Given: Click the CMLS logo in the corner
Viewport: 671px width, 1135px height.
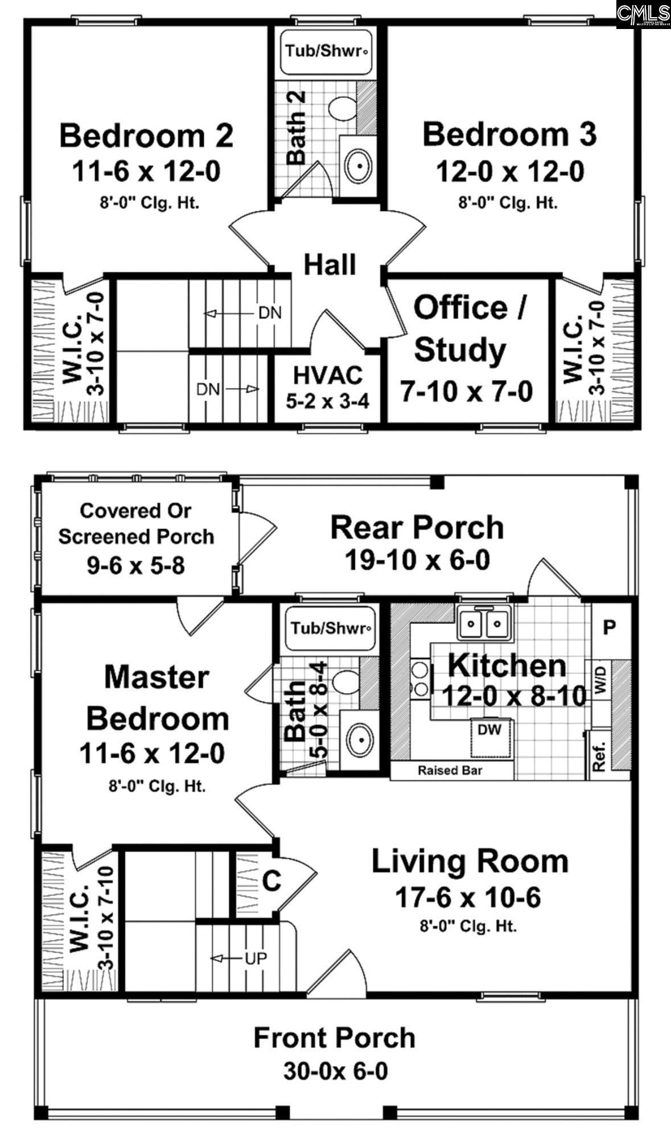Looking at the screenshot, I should coord(643,14).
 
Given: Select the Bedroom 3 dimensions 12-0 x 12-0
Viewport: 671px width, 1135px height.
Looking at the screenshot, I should coord(510,171).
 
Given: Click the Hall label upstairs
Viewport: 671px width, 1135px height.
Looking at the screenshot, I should coord(330,265).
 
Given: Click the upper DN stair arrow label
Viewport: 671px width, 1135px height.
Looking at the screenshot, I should coord(269,313).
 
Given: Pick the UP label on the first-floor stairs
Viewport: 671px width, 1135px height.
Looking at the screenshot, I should coord(256,959).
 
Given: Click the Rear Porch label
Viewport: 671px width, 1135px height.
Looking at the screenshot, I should coord(417,528).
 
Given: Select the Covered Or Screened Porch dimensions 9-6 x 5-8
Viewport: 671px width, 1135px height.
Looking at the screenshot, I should coord(136,565).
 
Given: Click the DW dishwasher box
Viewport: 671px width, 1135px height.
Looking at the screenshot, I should coord(489,730).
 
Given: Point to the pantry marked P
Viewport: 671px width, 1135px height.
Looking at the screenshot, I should coord(610,628).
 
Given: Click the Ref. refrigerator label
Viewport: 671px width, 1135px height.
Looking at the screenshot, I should coord(599,757).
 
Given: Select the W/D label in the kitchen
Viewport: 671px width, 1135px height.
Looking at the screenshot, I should coord(602,681).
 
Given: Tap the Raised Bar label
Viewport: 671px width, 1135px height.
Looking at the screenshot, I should coord(450,771).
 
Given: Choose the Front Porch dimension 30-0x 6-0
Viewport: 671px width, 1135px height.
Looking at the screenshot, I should coord(335,1071).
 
